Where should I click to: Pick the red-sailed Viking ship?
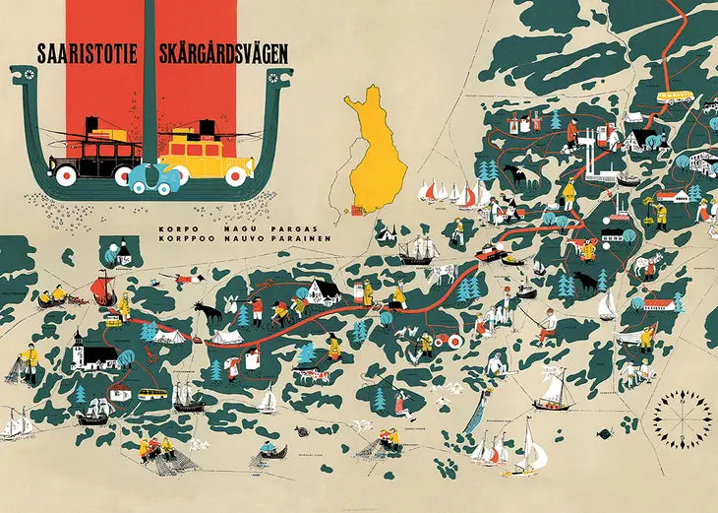(x=102, y=288)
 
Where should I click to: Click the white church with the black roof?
(x=83, y=351)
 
